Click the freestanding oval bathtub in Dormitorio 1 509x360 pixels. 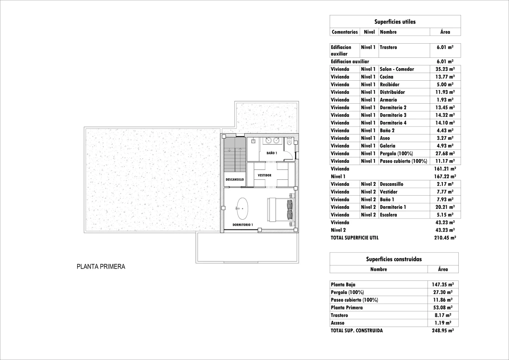pos(242,209)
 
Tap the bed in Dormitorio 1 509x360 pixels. pos(280,209)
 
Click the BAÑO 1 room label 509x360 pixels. pos(271,153)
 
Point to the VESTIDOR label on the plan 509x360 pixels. pos(264,175)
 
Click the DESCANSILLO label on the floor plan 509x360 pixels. pos(235,179)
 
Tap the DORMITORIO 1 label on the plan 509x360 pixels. pos(243,225)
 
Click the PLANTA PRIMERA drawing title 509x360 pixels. pos(101,267)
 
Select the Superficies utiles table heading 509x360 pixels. pos(395,22)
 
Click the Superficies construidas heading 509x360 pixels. pos(394,259)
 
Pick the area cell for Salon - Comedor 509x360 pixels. pos(445,69)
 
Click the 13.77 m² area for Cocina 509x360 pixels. pos(445,77)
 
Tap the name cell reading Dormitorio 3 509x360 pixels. pos(393,115)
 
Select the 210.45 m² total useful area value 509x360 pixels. pos(445,238)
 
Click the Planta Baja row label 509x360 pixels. pos(343,285)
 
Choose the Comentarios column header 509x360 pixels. pos(344,32)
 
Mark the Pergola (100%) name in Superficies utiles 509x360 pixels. pos(396,154)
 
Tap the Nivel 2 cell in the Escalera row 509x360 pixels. pos(368,215)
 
